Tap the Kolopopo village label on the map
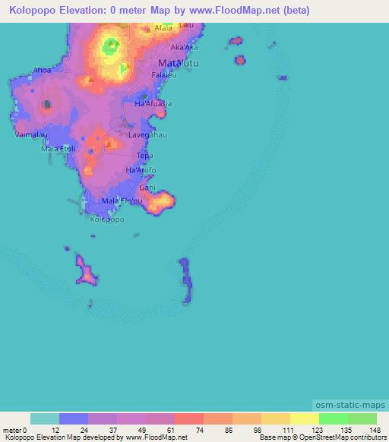106,219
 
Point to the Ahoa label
43,71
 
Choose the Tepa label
144,156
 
